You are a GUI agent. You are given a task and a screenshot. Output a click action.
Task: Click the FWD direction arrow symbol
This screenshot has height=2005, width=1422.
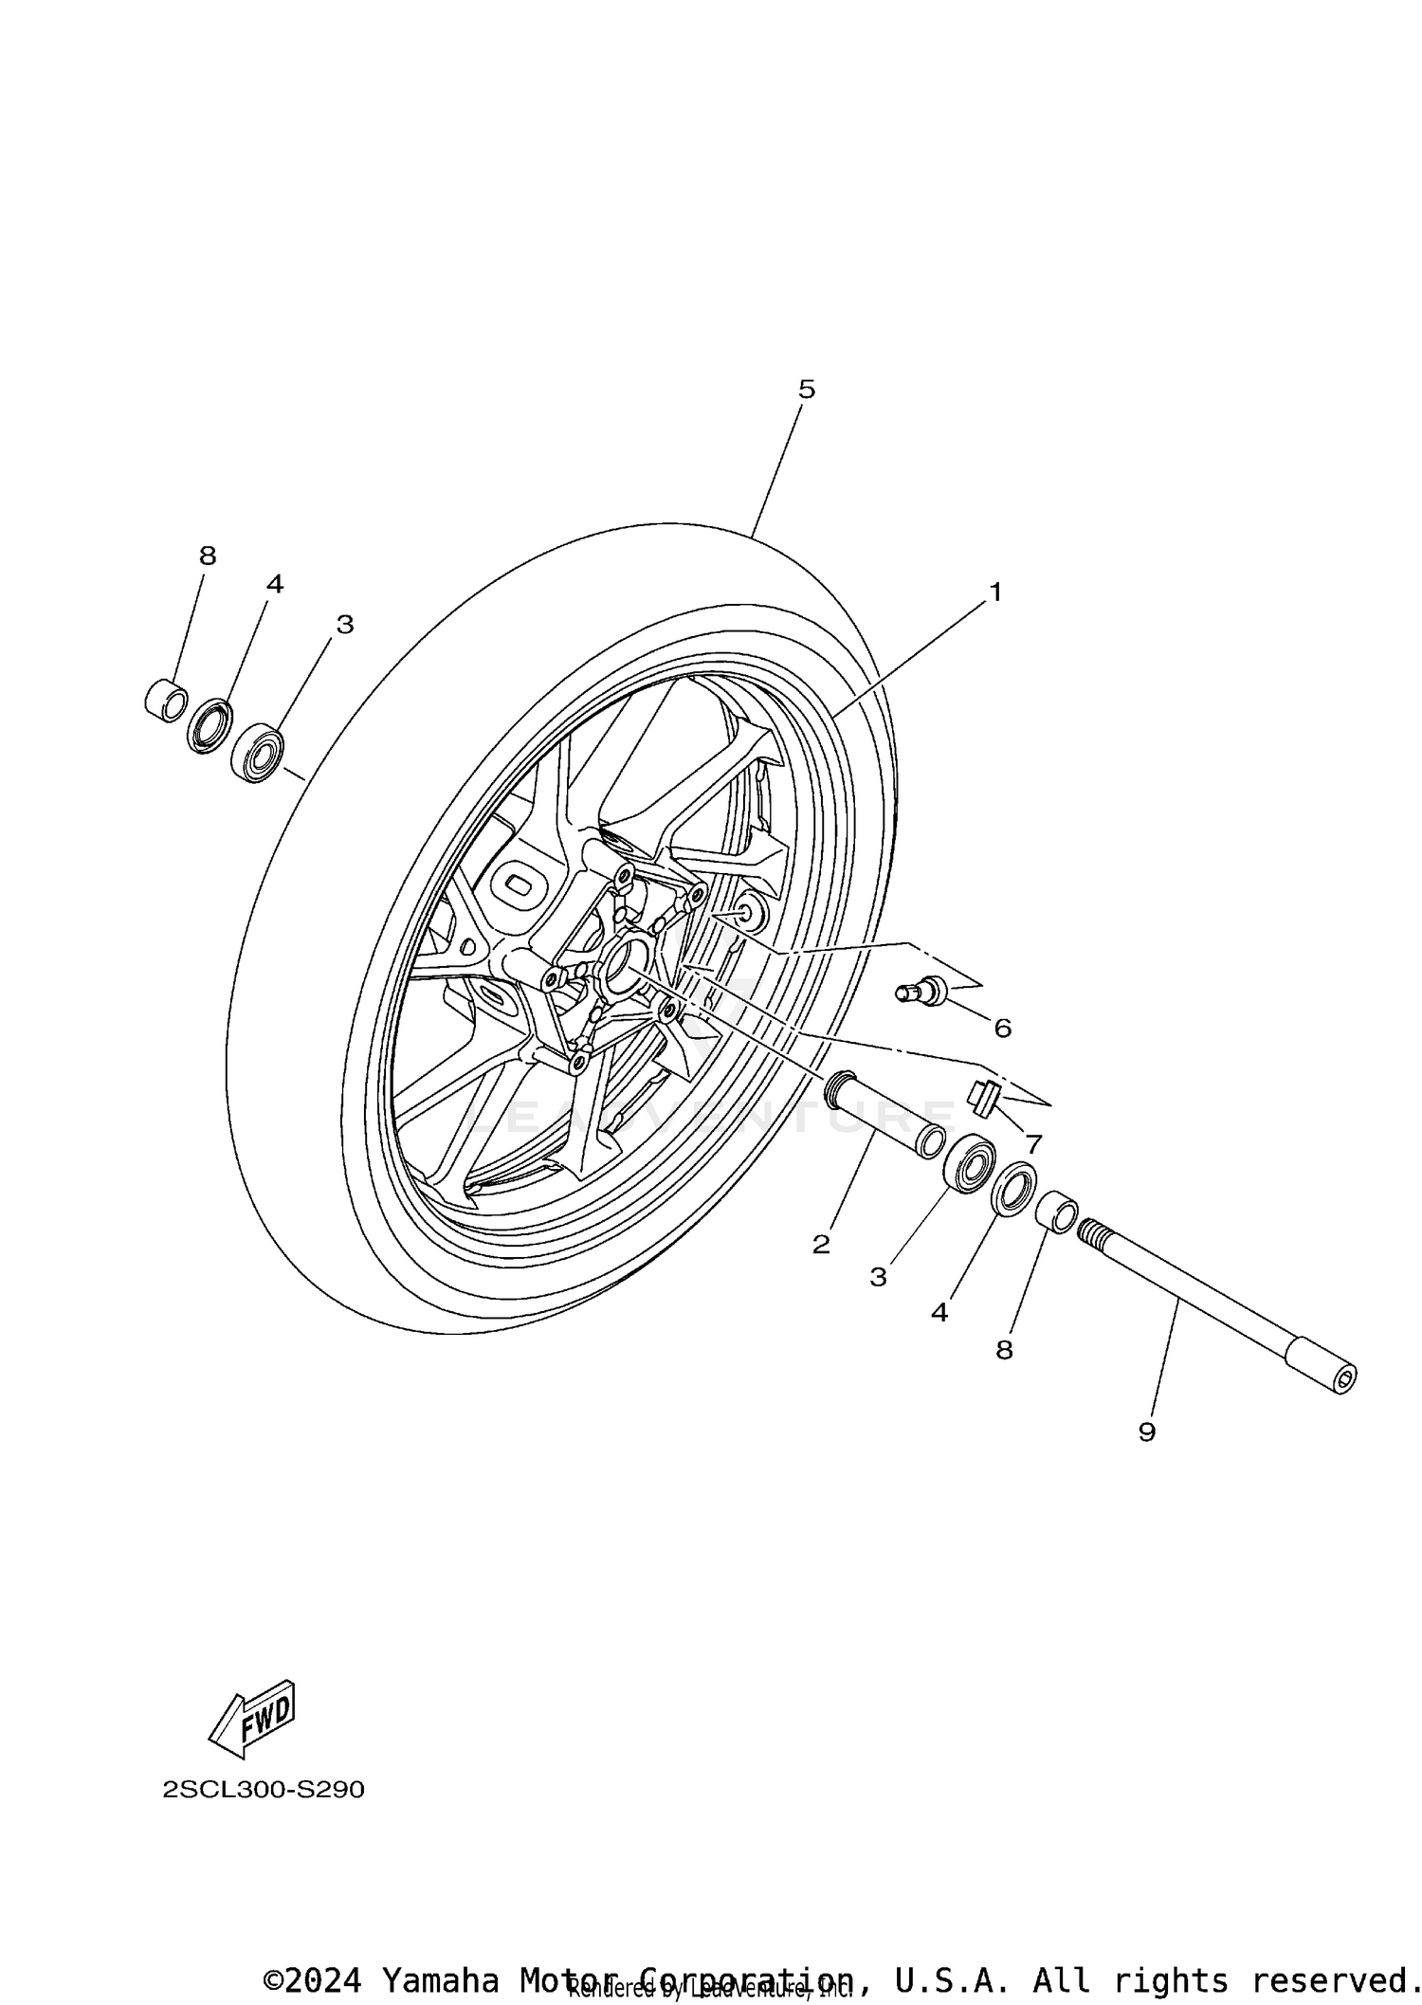[252, 1718]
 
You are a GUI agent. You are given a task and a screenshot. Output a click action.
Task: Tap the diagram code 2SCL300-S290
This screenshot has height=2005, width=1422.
[264, 1790]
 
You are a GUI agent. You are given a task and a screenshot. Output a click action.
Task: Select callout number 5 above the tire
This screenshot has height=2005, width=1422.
[806, 390]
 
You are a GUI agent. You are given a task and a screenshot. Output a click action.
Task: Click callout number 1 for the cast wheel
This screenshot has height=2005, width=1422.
[994, 592]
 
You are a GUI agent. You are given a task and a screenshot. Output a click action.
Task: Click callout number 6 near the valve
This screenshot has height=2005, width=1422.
[1002, 1028]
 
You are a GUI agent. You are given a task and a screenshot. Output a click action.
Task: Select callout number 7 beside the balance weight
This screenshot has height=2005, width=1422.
[1033, 1144]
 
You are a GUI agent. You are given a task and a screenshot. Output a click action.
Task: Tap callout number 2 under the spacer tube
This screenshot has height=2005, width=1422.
[821, 1245]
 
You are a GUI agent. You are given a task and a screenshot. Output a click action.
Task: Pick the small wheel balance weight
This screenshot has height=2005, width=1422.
[983, 1098]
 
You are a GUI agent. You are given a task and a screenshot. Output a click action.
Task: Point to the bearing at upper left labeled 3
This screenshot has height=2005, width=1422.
[258, 753]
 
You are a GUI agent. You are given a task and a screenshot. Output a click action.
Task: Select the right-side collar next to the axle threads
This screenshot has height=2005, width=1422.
[1056, 1214]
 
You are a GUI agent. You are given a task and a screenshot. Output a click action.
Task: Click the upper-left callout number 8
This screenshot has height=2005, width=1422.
[208, 556]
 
